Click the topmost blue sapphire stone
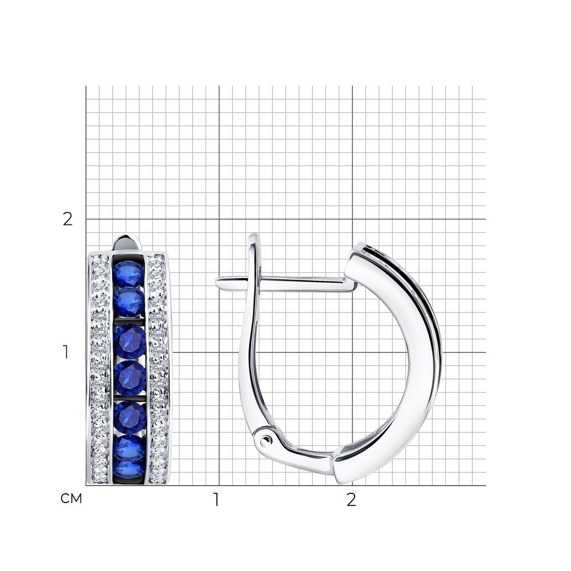(x=128, y=274)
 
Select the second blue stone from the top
(x=128, y=302)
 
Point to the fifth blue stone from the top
(x=130, y=417)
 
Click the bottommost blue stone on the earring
(x=129, y=470)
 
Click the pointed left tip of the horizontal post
(x=216, y=281)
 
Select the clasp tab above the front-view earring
(x=127, y=242)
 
